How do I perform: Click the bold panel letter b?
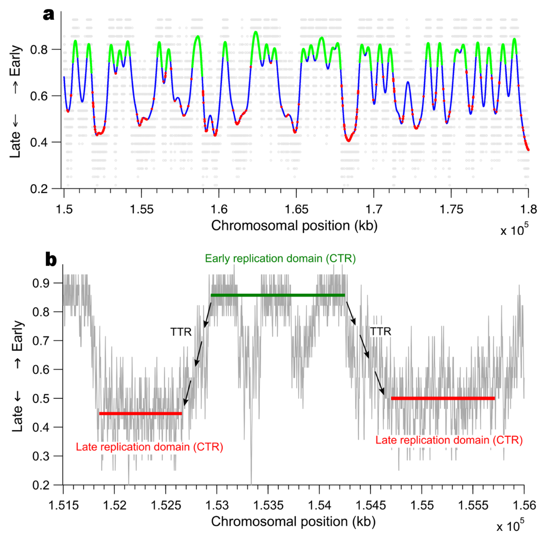tap(51, 260)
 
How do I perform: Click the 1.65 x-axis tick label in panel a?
tap(296, 210)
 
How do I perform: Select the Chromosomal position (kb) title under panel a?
tap(294, 226)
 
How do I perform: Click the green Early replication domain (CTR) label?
tap(280, 259)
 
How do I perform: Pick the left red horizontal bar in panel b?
tap(141, 414)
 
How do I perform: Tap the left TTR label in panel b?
tap(181, 332)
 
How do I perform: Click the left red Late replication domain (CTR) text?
tap(149, 447)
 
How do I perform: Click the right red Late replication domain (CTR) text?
tap(449, 440)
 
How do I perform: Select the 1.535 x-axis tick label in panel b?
tap(268, 505)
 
